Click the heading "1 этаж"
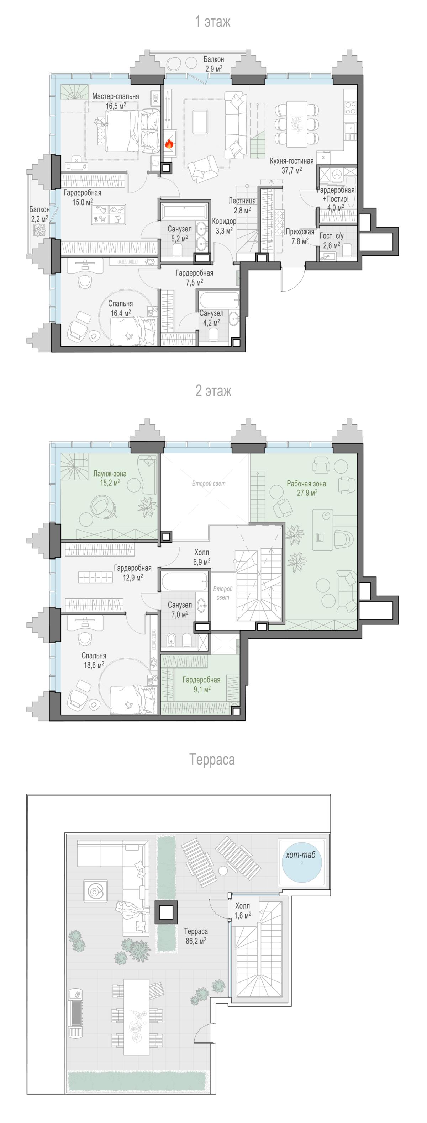(x=213, y=21)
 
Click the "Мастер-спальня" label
(x=116, y=96)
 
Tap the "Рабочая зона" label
(x=306, y=484)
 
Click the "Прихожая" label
(x=300, y=232)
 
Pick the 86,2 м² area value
(x=196, y=941)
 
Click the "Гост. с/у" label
(x=332, y=236)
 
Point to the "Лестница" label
(x=242, y=201)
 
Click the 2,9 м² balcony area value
(x=214, y=68)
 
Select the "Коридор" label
(x=224, y=222)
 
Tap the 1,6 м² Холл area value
(x=243, y=915)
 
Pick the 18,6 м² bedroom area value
(x=94, y=665)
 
